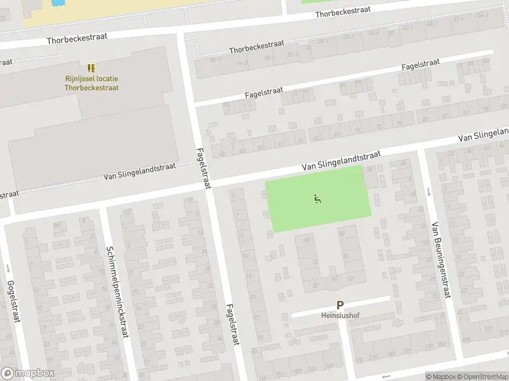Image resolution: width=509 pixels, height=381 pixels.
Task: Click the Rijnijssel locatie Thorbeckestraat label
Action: click(91, 83)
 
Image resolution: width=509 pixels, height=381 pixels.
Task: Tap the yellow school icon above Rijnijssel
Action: click(91, 67)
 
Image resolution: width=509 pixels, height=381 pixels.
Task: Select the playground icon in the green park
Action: click(317, 199)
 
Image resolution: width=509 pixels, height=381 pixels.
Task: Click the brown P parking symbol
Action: click(340, 305)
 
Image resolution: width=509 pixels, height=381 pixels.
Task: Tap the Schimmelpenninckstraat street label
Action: click(118, 291)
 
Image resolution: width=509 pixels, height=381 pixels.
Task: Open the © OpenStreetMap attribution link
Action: click(481, 377)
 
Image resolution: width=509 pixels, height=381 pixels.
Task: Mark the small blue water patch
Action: click(57, 3)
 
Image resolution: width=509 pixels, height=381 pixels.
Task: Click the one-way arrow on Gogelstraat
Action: click(8, 267)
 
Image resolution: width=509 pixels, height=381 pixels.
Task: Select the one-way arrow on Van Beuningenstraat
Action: click(429, 191)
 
